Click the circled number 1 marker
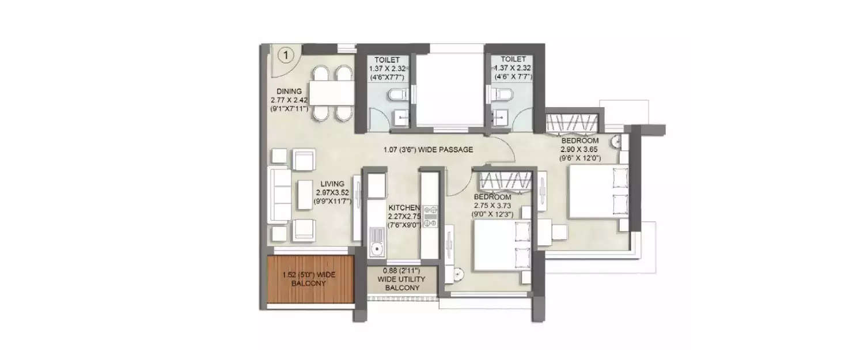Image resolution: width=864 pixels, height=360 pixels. click(x=286, y=55)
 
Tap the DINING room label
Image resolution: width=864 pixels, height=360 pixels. click(x=289, y=91)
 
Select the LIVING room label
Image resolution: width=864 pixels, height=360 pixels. click(x=334, y=184)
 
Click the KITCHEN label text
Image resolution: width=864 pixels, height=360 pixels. click(x=403, y=207)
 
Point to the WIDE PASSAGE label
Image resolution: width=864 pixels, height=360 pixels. click(x=428, y=150)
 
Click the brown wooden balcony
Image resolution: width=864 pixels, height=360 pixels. click(x=310, y=279)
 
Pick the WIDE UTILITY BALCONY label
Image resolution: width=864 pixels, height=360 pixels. click(x=403, y=279)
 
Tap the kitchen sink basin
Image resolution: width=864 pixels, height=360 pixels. click(x=377, y=249)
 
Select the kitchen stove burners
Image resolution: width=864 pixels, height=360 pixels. click(x=431, y=217)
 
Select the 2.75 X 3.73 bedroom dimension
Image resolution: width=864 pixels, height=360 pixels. click(x=492, y=205)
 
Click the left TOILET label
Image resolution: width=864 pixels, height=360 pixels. click(x=385, y=59)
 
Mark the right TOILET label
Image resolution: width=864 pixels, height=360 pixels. click(x=513, y=59)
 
